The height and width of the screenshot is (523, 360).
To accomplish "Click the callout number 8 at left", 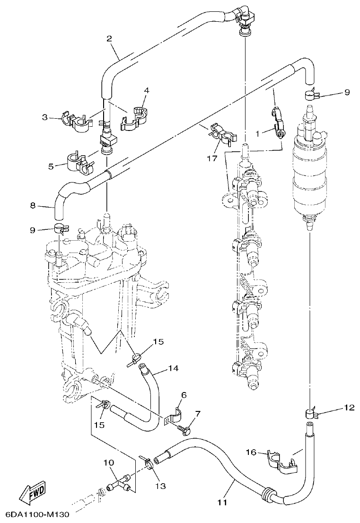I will tap(33, 205).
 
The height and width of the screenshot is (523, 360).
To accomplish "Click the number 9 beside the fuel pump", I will tap(347, 93).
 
